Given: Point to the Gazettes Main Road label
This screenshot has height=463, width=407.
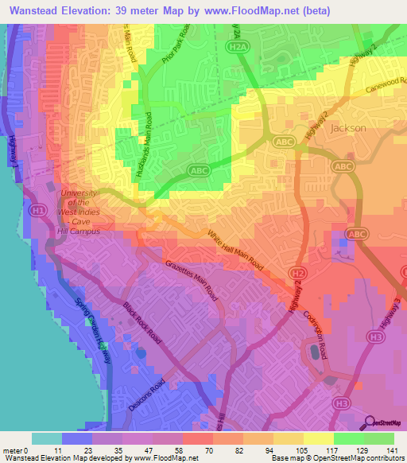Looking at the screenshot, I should [x=192, y=278].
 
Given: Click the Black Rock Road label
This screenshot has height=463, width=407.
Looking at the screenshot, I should [x=142, y=322].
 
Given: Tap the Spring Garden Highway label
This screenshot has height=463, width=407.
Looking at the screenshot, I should [x=91, y=326].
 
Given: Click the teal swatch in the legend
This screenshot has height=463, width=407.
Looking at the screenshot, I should [x=46, y=438].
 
